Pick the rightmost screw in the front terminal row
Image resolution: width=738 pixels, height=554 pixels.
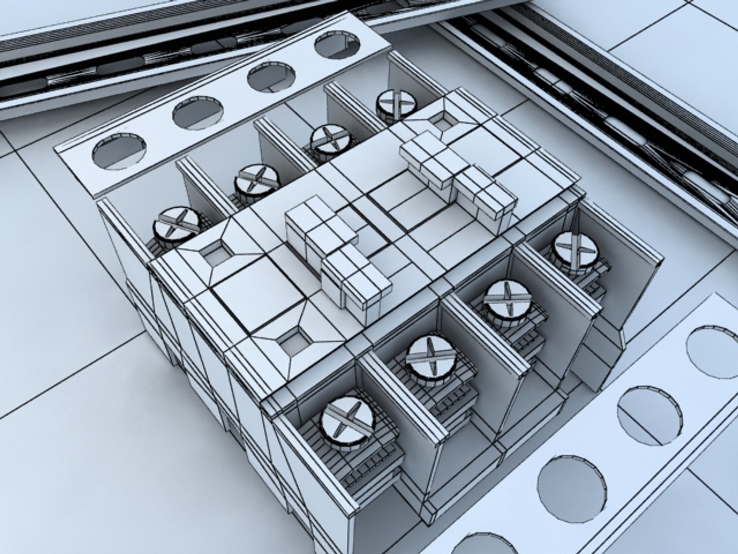point(576,249)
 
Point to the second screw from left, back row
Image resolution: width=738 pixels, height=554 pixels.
point(256,180)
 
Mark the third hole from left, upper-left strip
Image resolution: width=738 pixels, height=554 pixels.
point(272,77)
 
